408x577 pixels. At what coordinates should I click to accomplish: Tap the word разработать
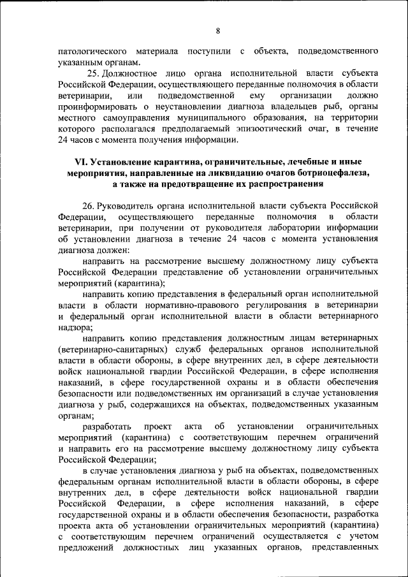pyautogui.click(x=107, y=425)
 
